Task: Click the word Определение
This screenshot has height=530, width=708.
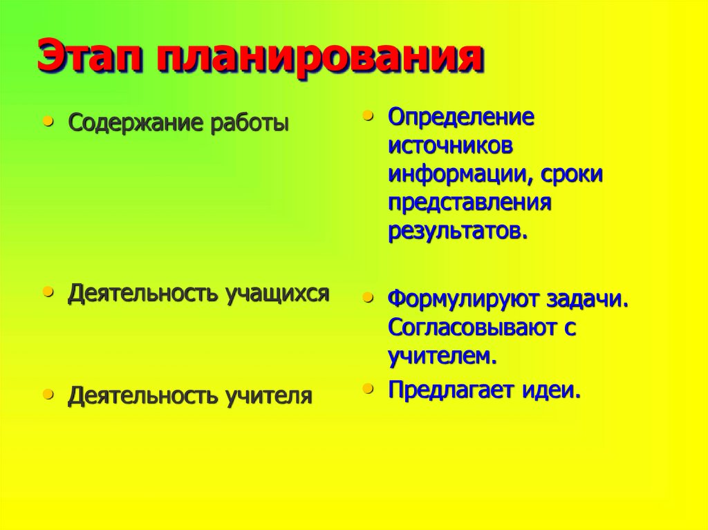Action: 461,117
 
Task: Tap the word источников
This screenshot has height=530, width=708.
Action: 451,146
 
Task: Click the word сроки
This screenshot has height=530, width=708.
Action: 572,175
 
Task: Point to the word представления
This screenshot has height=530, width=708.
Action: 469,203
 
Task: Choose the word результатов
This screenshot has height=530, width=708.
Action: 458,231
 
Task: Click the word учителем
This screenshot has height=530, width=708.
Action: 442,357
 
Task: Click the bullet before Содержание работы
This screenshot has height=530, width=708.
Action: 48,120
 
